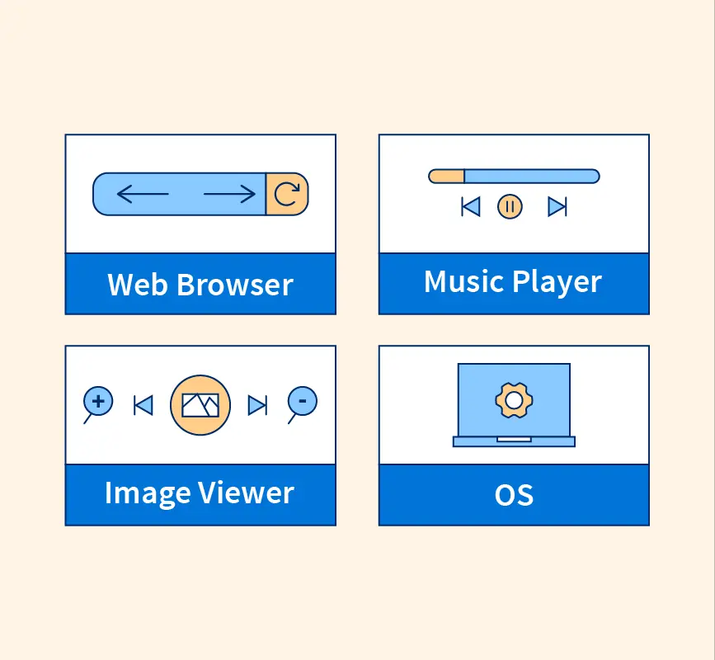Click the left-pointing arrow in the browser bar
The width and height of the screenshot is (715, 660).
[x=142, y=194]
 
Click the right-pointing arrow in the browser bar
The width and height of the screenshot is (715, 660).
[x=229, y=194]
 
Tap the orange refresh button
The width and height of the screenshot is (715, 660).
[x=287, y=194]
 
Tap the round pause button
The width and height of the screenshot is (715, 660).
[x=510, y=206]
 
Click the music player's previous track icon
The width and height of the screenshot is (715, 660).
[x=471, y=206]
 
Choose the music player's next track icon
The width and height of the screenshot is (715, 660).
[x=557, y=206]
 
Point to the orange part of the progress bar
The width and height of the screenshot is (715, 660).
[x=447, y=176]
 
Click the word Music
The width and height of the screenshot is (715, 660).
[x=463, y=282]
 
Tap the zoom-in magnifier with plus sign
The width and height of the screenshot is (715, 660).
[x=98, y=402]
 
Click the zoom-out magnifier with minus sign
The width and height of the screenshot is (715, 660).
[x=303, y=402]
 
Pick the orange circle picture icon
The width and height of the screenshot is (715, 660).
[x=200, y=404]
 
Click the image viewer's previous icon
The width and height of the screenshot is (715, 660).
[x=143, y=405]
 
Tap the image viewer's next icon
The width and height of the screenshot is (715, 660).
[x=257, y=405]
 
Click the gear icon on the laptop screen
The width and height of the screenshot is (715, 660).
[x=513, y=401]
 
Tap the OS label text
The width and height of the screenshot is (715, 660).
[x=514, y=495]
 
